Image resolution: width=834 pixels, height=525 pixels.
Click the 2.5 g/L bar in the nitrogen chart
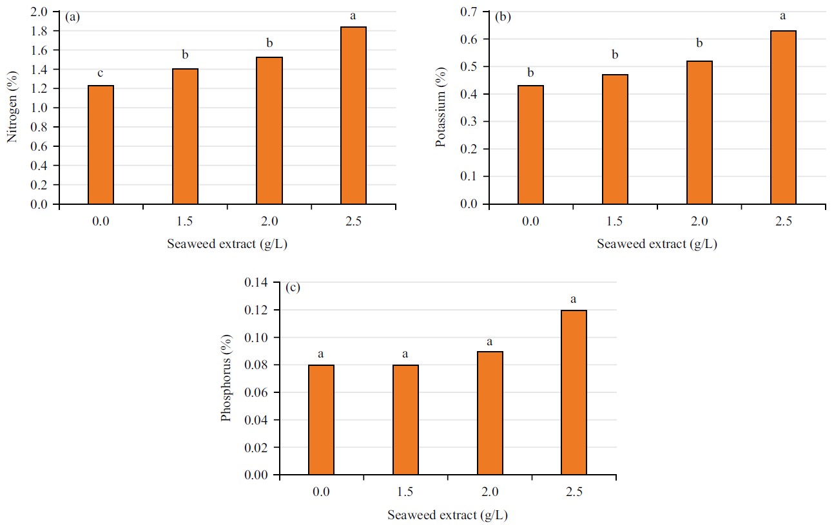click(353, 116)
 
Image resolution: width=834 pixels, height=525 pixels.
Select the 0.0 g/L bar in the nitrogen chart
click(101, 145)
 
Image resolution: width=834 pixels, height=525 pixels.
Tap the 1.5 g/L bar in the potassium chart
click(615, 139)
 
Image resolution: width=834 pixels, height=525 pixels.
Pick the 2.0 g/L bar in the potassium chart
click(699, 133)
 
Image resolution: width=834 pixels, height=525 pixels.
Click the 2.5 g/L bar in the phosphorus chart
click(574, 392)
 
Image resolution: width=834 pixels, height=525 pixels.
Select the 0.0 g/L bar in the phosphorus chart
click(321, 419)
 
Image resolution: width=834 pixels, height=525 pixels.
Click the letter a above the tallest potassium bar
click(783, 16)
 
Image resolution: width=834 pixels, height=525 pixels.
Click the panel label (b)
click(503, 17)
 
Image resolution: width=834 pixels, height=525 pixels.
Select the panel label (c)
click(293, 288)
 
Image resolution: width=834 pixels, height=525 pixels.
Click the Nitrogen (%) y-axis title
click(12, 108)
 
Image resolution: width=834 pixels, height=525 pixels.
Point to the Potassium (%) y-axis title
click(441, 108)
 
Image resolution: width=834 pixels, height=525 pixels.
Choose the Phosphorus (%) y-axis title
click(226, 379)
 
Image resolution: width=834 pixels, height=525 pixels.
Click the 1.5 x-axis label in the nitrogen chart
click(185, 222)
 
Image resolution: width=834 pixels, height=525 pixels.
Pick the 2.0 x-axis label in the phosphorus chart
click(490, 493)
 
